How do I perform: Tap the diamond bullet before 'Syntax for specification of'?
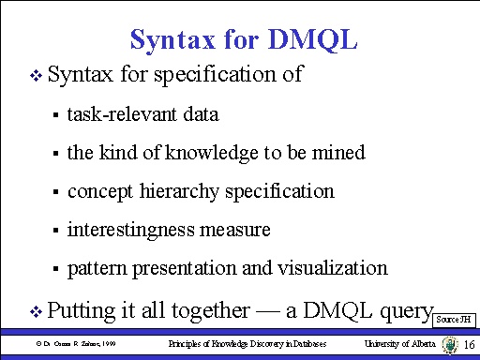[x=37, y=74]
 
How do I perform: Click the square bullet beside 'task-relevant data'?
[x=56, y=115]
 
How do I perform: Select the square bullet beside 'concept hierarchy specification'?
[x=56, y=192]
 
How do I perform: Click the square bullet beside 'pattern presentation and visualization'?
[x=56, y=269]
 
